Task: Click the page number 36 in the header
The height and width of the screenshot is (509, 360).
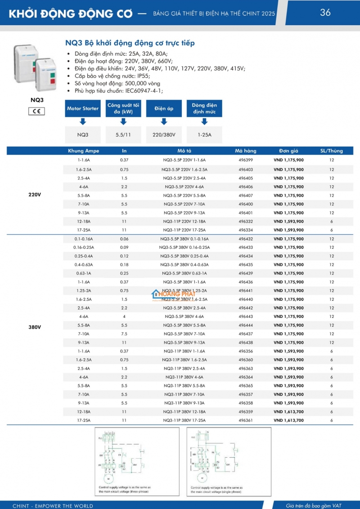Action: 325,13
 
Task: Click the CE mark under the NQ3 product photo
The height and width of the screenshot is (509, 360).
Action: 37,111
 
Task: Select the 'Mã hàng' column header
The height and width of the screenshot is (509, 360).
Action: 246,151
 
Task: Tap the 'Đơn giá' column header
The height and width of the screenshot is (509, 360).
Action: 288,151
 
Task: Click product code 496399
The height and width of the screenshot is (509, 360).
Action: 246,160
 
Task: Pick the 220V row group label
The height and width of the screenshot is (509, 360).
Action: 35,195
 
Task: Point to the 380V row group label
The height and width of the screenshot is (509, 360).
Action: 35,327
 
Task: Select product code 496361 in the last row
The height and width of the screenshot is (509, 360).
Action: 246,420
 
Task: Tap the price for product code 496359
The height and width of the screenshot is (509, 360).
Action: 288,412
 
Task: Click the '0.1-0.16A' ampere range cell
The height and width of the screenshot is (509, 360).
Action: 83,239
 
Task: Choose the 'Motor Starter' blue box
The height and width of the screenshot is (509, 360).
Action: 83,109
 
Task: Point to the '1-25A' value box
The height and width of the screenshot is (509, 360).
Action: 204,134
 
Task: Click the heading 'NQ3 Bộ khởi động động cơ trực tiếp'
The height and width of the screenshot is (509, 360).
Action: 130,43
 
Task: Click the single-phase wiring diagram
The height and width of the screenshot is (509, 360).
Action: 228,461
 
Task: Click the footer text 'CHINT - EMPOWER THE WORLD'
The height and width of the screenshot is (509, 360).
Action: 53,506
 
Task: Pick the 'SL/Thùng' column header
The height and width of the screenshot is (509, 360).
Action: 332,151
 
